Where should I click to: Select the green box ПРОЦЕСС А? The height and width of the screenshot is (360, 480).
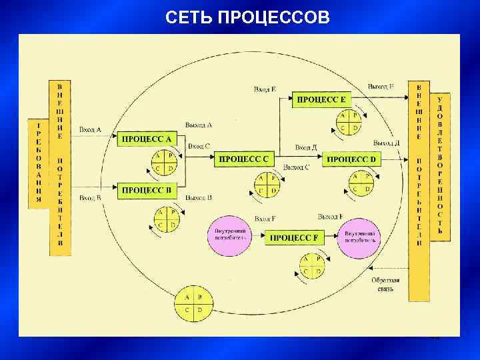point(147,139)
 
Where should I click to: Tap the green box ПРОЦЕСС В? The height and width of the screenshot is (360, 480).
point(147,190)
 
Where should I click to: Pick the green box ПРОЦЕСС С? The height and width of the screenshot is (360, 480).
point(244,159)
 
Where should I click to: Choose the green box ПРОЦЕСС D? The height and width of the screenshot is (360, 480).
point(352,159)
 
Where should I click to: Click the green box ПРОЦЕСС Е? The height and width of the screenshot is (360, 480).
point(321,99)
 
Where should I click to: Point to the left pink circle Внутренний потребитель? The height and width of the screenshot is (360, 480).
point(230,235)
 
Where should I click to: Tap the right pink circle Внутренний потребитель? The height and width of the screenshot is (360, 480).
point(359,235)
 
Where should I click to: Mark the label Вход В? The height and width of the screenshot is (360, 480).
point(90,198)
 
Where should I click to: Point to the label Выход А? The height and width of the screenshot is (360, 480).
point(199,125)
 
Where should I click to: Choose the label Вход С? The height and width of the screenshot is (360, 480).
point(199,145)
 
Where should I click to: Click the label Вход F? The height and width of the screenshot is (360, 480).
point(265,218)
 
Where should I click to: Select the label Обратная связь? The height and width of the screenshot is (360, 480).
point(385,285)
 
